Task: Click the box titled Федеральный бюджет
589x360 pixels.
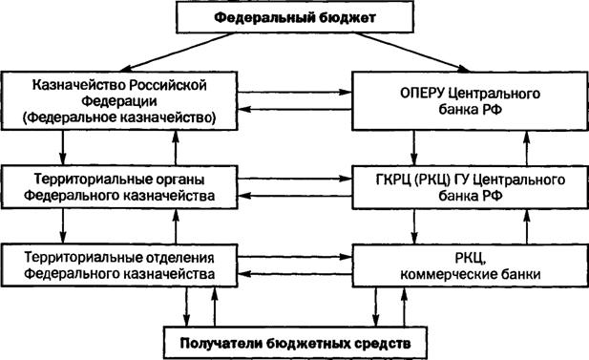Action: coord(295,17)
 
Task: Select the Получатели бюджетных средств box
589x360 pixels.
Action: coord(295,343)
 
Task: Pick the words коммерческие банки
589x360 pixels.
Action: coord(471,274)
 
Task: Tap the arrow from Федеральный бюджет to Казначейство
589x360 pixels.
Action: coord(178,52)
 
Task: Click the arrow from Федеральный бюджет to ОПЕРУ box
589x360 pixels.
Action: coord(412,52)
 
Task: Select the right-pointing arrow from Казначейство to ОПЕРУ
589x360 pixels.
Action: coord(295,92)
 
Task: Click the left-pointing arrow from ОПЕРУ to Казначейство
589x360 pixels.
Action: coord(295,110)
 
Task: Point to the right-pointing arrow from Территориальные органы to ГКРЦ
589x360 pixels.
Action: coord(295,179)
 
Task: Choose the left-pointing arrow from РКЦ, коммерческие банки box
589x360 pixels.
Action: coord(295,273)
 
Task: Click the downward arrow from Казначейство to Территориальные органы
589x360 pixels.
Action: coord(63,148)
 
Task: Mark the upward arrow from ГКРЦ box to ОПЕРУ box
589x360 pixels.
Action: coord(527,148)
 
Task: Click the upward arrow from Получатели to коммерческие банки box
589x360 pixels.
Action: coord(404,307)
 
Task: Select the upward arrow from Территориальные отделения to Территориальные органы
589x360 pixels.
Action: coord(176,226)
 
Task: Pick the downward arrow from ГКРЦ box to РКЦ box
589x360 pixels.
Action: coord(414,226)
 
